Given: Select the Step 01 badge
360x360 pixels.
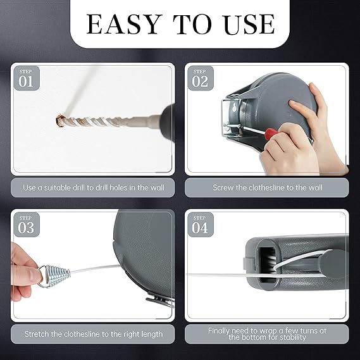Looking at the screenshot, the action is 27,78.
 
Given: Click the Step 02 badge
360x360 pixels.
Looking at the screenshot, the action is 201,78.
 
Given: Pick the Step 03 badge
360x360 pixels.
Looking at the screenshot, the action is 27,225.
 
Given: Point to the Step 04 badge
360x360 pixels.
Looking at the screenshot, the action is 201,225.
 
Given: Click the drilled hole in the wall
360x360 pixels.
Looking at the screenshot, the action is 59,120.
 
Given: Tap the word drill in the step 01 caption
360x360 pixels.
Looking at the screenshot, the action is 79,188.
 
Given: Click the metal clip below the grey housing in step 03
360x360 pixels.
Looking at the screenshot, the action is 159,301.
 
